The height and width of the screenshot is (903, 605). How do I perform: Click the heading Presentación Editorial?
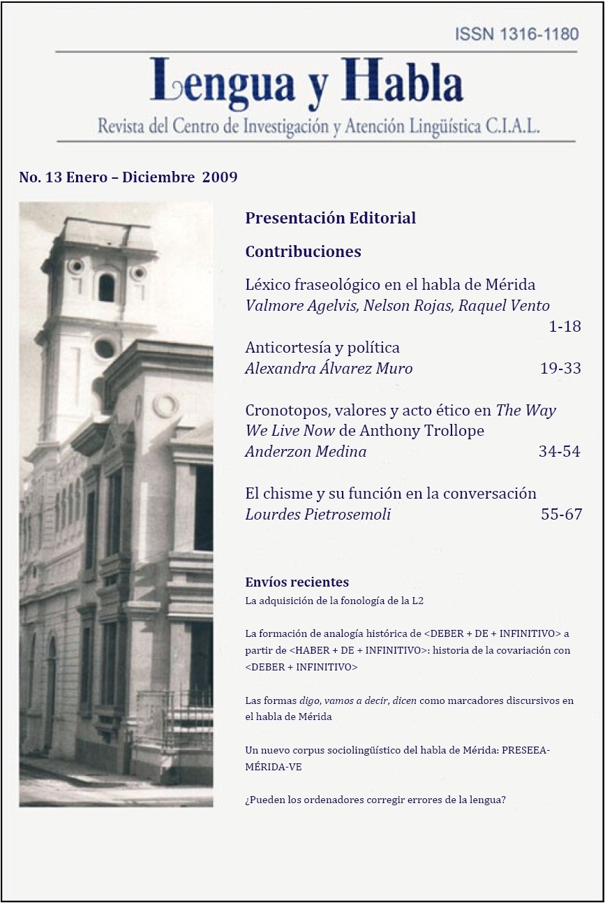[x=330, y=218]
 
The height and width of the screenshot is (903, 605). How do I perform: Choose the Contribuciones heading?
[x=303, y=251]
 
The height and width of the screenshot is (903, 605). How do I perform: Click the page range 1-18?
[x=565, y=326]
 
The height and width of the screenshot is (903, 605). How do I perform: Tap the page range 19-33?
[x=560, y=368]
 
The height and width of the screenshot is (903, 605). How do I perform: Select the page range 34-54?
[x=559, y=451]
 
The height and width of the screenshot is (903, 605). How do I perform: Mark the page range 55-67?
[x=561, y=515]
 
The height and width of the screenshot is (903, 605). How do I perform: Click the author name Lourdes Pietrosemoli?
[x=318, y=515]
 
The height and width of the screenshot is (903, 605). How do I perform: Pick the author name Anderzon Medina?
[x=306, y=451]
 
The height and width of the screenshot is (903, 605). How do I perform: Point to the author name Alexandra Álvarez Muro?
[x=329, y=368]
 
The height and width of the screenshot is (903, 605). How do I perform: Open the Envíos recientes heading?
[x=297, y=582]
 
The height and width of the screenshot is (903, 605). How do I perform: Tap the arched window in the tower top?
[x=106, y=287]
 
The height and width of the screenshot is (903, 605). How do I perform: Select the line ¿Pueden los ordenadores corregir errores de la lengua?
[x=375, y=800]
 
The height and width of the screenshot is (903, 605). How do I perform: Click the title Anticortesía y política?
[x=322, y=347]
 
